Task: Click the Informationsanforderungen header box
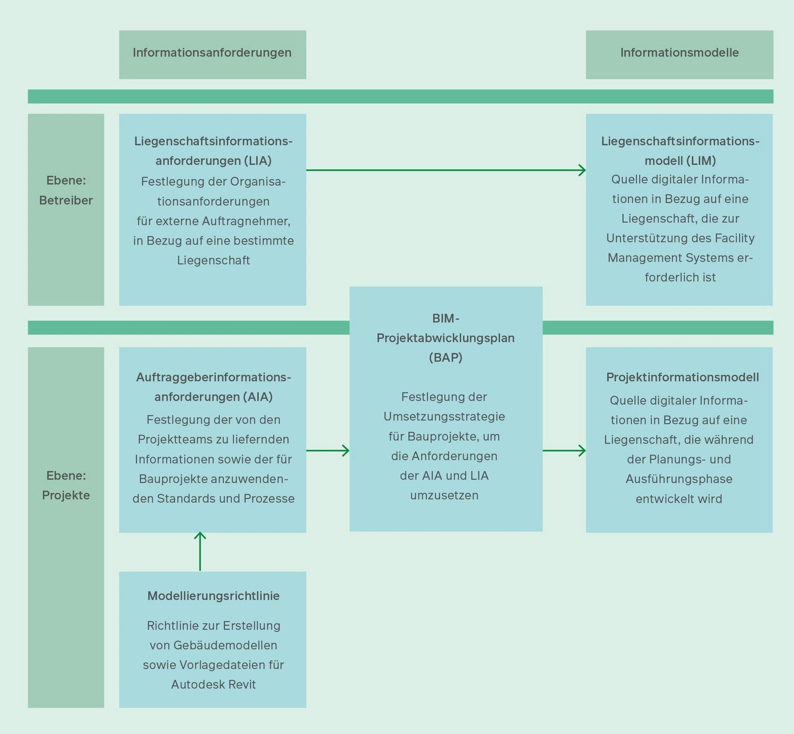[212, 54]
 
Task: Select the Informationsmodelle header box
[679, 54]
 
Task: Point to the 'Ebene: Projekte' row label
[66, 485]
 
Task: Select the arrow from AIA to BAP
[328, 451]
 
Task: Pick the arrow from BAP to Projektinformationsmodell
[564, 451]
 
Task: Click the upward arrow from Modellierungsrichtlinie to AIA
[200, 551]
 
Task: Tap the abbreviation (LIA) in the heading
[258, 161]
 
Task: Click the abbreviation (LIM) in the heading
[702, 161]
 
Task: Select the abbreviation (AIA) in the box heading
[258, 397]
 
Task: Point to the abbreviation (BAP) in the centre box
[446, 357]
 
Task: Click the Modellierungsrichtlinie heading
[213, 596]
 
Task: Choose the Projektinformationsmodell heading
[682, 377]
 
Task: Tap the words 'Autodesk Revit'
[213, 684]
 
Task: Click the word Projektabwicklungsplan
[446, 338]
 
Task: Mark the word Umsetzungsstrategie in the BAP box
[444, 416]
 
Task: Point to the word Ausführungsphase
[679, 479]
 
